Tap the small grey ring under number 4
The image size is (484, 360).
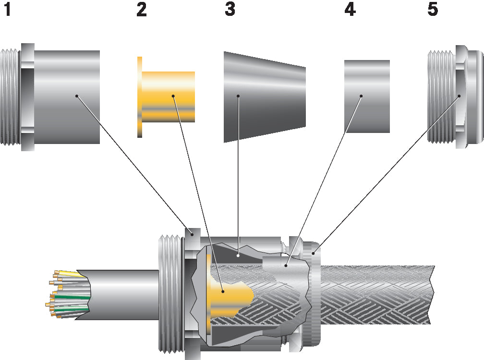coord(367,96)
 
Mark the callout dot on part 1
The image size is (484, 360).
coord(76,96)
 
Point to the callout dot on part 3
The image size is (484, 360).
coord(238,96)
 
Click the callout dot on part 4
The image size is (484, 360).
coord(362,96)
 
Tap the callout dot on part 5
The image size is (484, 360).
coord(459,96)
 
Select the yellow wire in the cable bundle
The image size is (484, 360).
coord(70,274)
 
